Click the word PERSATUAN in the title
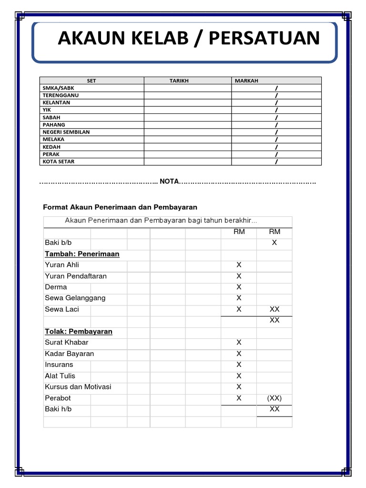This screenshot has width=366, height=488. coord(264,38)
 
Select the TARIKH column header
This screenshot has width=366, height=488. coord(179,81)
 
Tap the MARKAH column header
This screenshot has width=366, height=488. coord(246,81)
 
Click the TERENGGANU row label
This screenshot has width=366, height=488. coord(61,95)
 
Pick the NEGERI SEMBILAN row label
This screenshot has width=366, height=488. coord(66,132)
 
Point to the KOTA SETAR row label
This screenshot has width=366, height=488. coord(59,162)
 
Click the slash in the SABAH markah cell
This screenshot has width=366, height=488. coord(276,118)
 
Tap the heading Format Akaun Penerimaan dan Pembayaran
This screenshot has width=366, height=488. coord(120,207)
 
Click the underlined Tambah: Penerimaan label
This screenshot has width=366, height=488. coord(82,254)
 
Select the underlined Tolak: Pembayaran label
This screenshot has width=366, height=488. coord(79,331)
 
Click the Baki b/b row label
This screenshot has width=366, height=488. coord(58,243)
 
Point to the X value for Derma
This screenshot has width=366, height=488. coord(239,287)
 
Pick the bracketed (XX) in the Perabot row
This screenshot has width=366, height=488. coord(274,398)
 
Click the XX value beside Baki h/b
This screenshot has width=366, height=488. coord(274,409)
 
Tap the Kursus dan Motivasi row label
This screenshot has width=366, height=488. coord(78,386)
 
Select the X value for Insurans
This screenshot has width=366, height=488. coord(239,365)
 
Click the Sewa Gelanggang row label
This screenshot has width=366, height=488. coord(75,298)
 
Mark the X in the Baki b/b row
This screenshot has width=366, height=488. coord(274,243)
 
